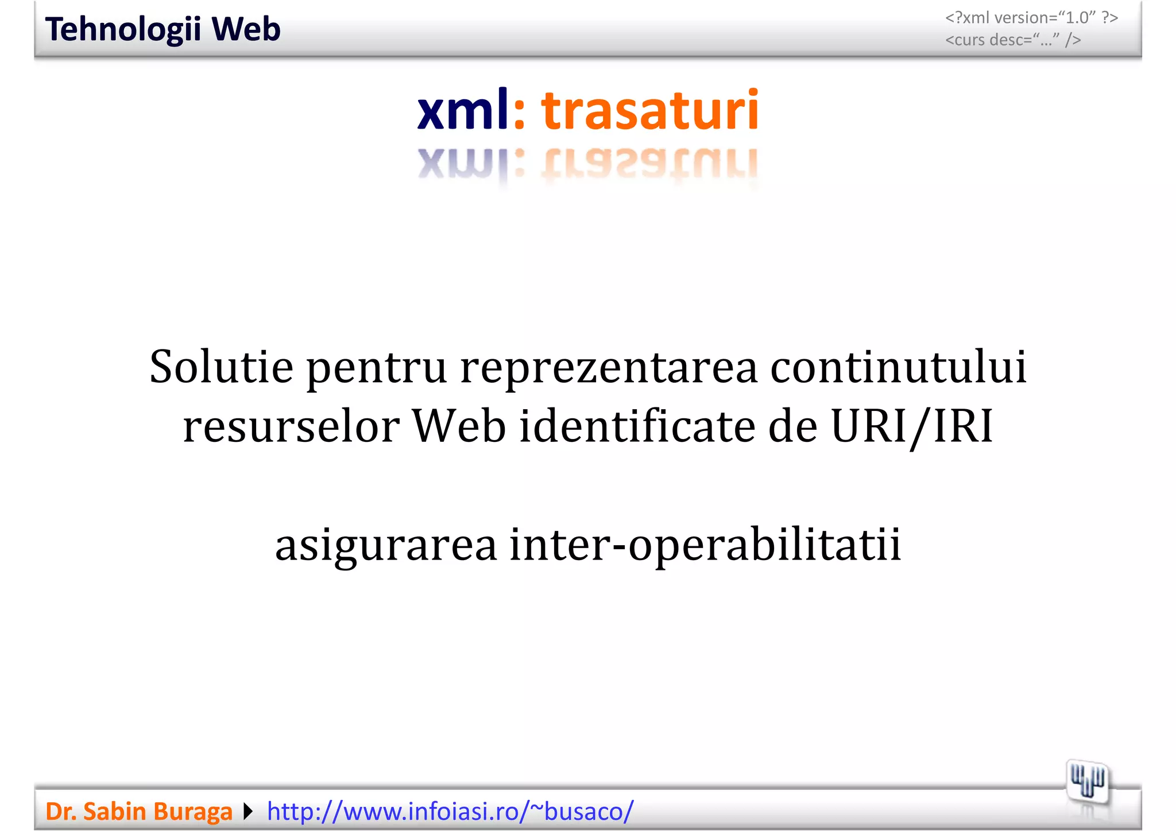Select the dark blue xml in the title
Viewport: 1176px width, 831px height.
463,110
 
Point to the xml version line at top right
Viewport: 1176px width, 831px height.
1031,18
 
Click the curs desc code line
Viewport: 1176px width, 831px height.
1013,40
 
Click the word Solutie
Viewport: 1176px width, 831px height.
222,367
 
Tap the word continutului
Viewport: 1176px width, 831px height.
898,367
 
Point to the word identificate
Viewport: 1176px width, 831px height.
637,427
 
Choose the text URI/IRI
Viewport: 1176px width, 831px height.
912,428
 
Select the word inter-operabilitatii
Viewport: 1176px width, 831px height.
706,545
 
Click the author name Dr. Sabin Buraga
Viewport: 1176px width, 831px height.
139,811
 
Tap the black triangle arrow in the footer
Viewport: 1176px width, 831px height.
248,811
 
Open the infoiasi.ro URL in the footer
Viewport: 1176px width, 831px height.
450,811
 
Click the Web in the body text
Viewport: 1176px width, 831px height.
459,427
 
